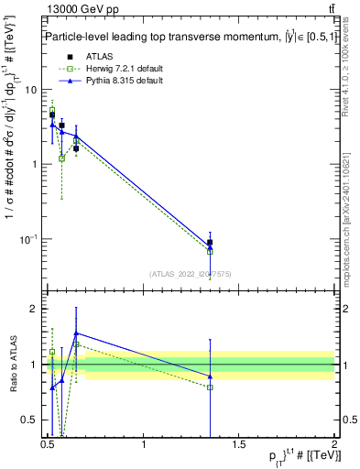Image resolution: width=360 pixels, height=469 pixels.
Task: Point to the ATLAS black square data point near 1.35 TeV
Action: coord(211,243)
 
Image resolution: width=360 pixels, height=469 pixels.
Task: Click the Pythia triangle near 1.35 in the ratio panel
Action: coord(211,377)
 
